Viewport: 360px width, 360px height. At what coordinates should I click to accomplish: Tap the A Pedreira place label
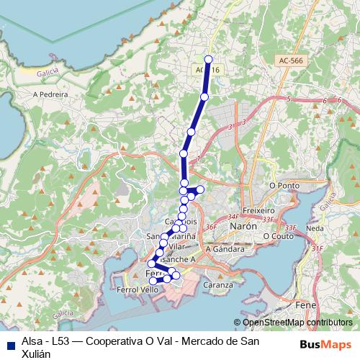[x=50, y=94]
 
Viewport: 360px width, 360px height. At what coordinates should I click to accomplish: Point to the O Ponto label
[x=284, y=185]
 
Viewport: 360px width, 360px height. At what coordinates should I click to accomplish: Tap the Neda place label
[x=315, y=228]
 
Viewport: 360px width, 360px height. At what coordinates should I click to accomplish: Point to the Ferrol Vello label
[x=137, y=289]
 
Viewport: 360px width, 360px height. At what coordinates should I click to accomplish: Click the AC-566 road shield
[x=292, y=61]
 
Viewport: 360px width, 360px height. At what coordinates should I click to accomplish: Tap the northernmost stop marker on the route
[x=209, y=60]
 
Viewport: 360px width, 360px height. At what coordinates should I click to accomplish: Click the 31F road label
[x=318, y=248]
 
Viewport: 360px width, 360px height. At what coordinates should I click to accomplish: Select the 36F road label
[x=211, y=228]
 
